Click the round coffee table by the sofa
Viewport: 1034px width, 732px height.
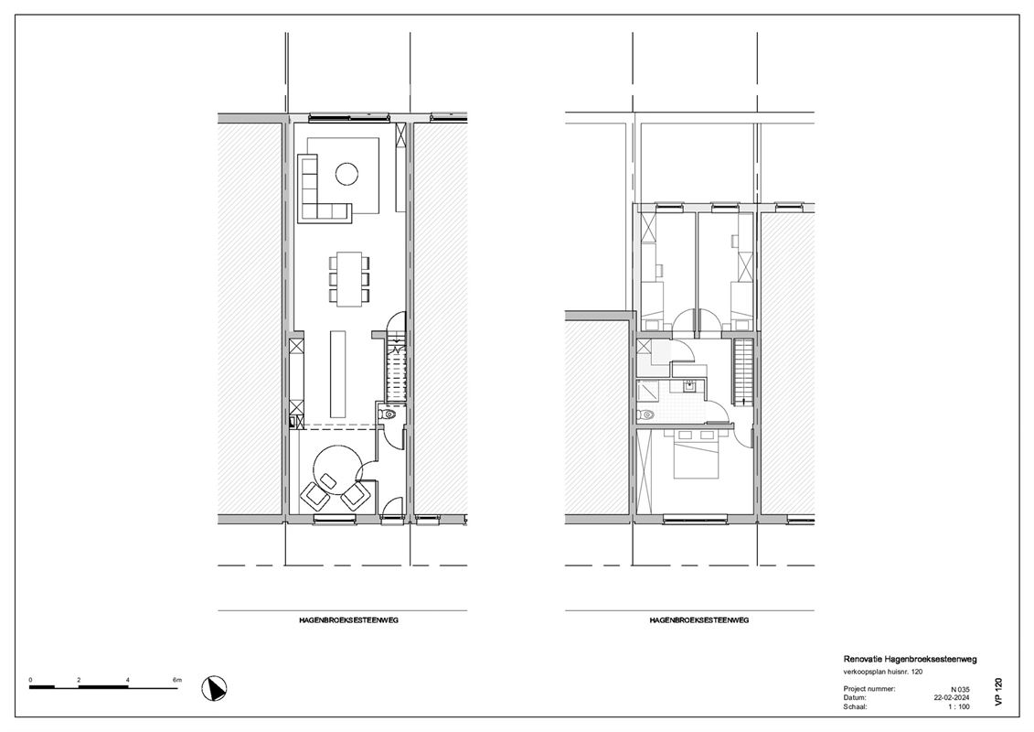tap(346, 173)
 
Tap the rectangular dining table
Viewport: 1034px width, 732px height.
tap(346, 277)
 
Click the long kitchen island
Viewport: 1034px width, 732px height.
tap(338, 372)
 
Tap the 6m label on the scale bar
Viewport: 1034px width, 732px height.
tap(177, 679)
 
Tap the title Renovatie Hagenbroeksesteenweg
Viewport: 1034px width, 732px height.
tap(909, 659)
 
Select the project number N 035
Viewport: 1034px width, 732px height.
tap(959, 688)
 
